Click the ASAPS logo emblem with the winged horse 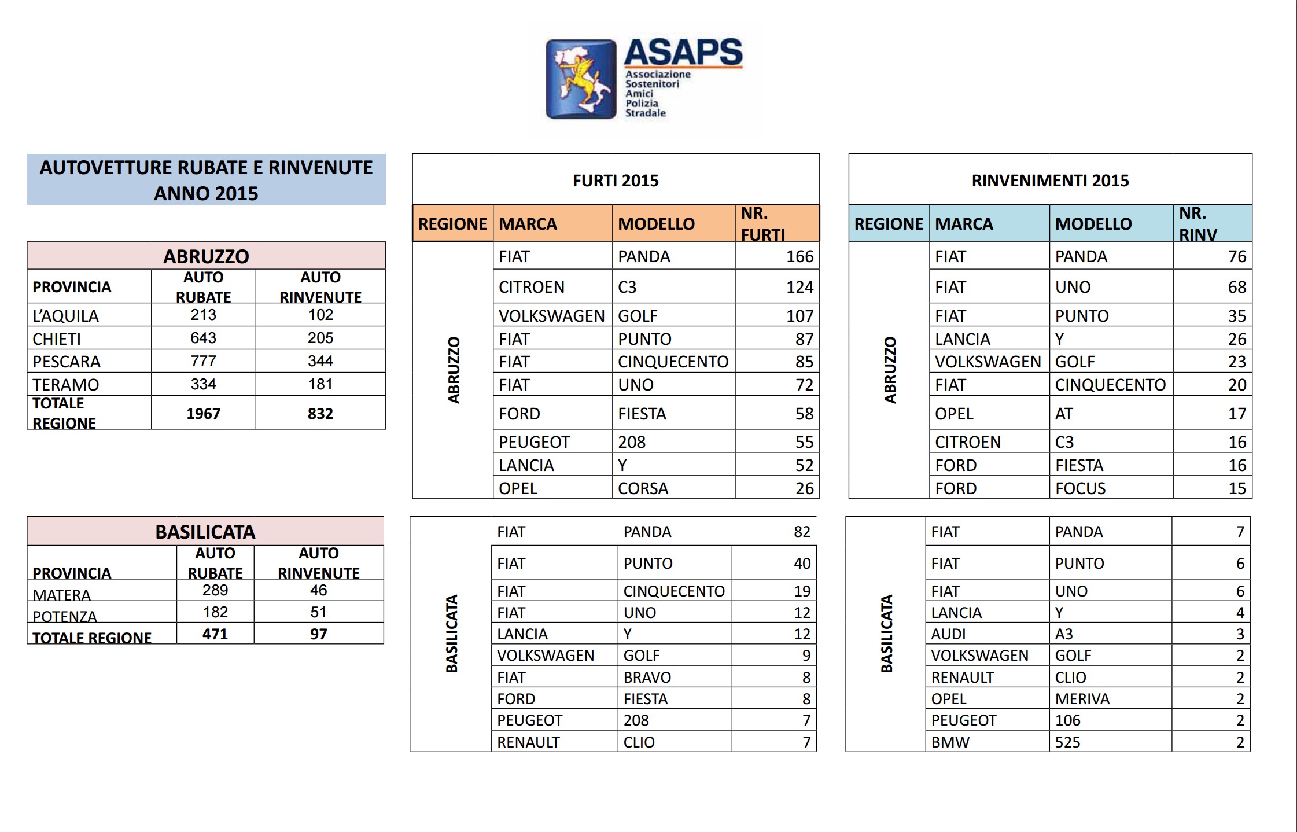pos(581,79)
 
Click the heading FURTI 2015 pos(616,181)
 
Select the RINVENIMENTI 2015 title pos(1050,181)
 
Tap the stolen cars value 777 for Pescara pos(203,361)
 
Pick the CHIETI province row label pos(57,338)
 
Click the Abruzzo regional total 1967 pos(203,413)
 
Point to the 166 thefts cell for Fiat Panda pos(799,256)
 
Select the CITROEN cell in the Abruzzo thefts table pos(531,287)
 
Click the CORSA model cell pos(643,488)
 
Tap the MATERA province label pos(61,594)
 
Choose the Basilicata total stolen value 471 pos(215,634)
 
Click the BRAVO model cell pos(647,677)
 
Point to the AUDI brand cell pos(948,634)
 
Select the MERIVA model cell pos(1082,699)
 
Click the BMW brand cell pos(950,742)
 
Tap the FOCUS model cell pos(1080,488)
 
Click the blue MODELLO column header pos(1093,223)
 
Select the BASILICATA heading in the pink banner pos(205,532)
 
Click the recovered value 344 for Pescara pos(320,361)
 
